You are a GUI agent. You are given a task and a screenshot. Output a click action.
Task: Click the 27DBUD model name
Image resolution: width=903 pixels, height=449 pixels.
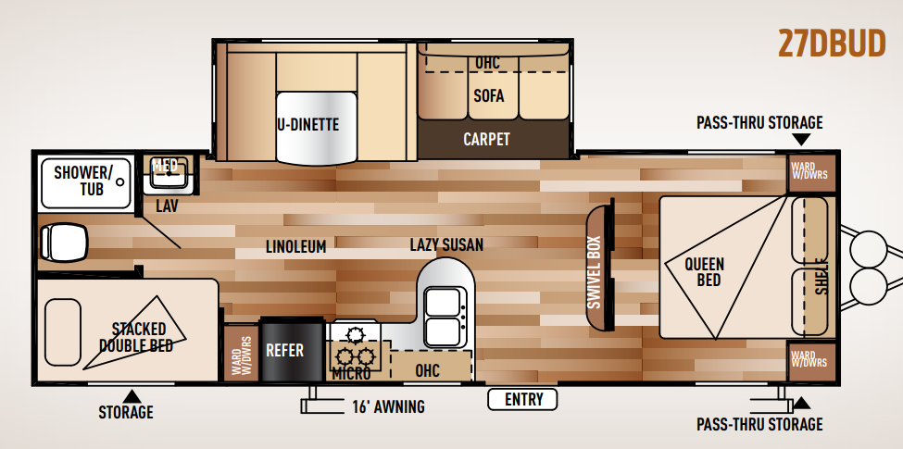[832, 44]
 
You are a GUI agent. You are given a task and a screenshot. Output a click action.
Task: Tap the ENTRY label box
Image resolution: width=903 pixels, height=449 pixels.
[523, 399]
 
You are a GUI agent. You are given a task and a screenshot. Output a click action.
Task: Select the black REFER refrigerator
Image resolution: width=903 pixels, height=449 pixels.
[292, 350]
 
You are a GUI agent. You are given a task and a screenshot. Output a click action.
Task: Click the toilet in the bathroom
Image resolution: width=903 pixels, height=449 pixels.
[63, 242]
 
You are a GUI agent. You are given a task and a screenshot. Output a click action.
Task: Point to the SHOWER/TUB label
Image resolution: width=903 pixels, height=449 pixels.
[84, 181]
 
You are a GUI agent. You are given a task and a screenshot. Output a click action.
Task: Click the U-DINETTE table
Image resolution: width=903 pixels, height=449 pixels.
[315, 128]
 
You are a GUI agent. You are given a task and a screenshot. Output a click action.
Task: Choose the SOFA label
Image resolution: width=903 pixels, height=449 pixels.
[489, 95]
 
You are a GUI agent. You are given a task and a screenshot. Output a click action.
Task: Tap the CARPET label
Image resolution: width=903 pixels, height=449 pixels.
[486, 139]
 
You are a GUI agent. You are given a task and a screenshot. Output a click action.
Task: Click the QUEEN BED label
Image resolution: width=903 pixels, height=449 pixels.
[704, 271]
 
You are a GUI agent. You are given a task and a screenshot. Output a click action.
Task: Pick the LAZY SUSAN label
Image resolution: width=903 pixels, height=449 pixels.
[446, 244]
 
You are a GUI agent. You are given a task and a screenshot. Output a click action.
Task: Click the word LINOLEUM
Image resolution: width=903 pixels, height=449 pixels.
[296, 246]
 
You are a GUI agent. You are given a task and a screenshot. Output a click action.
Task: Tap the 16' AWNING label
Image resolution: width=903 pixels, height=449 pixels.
[388, 407]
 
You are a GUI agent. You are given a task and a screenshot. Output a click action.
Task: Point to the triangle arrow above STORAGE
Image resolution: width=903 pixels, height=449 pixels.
[132, 396]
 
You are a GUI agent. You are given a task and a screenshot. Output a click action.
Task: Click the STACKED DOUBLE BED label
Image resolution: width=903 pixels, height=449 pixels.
[138, 337]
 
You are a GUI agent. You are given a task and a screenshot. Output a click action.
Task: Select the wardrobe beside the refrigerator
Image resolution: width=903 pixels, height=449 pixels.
[241, 354]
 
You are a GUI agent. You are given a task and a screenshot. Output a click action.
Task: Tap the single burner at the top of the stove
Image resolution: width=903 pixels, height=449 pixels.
[355, 333]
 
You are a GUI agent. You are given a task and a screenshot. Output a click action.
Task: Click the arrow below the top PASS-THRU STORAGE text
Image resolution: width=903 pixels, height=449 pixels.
[801, 139]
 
